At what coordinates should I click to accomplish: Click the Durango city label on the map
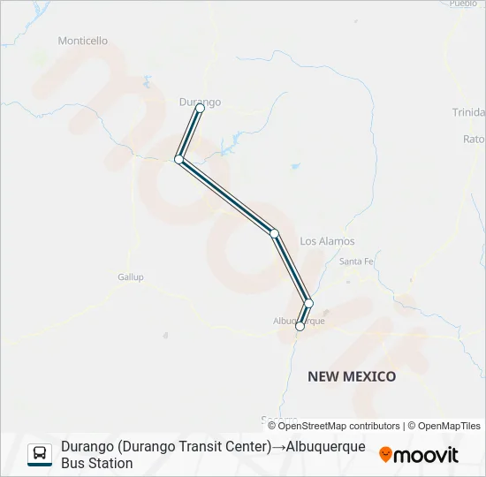tap(200, 102)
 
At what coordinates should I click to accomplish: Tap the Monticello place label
tap(82, 41)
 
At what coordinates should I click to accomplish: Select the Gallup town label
tap(130, 276)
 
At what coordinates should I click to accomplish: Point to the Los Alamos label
tap(327, 241)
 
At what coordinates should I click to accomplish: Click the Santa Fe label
tap(357, 261)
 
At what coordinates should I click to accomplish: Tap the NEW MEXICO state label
tap(352, 376)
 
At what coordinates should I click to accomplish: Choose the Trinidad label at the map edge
tap(468, 112)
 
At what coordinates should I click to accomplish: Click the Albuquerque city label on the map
tap(299, 321)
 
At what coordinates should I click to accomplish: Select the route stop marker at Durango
tap(200, 109)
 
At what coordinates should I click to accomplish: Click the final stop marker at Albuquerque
tap(300, 327)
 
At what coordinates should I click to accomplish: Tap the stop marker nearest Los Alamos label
tap(275, 233)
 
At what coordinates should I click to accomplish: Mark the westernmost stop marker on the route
tap(178, 159)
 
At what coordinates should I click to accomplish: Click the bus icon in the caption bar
tap(40, 454)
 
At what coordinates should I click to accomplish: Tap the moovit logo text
tap(426, 455)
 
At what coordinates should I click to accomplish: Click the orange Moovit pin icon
tap(385, 455)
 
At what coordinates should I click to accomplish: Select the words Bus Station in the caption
tap(97, 463)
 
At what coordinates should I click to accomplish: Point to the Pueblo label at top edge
tap(463, 4)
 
